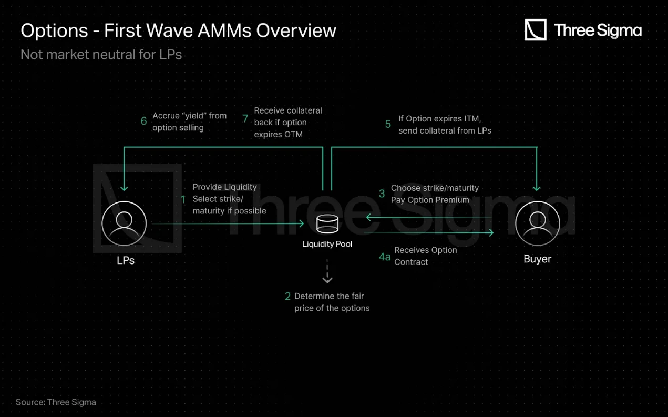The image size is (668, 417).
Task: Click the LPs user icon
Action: [124, 223]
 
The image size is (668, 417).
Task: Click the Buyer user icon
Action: [537, 223]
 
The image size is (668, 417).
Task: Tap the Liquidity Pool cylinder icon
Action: [327, 223]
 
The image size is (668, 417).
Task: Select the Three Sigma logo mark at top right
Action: [536, 30]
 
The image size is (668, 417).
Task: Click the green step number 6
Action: [143, 121]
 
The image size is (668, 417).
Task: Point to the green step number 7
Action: [245, 118]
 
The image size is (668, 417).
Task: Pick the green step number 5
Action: [388, 124]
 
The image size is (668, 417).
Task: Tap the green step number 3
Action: [382, 194]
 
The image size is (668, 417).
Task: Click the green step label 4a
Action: [385, 257]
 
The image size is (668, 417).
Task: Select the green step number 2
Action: [287, 296]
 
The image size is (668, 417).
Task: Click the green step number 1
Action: [183, 199]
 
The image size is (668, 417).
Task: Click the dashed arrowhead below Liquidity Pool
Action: [327, 280]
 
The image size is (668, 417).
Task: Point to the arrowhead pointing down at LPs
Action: [124, 188]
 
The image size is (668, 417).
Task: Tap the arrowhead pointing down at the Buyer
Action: [537, 188]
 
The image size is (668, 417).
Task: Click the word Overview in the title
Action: [296, 30]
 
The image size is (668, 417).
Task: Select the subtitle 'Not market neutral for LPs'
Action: [101, 55]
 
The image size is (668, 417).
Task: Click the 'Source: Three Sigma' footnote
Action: [56, 402]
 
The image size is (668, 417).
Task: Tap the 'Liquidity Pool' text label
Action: [327, 244]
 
